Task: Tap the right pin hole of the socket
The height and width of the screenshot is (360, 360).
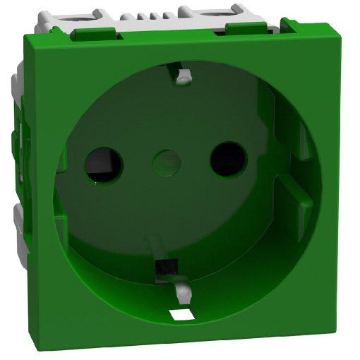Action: point(227,158)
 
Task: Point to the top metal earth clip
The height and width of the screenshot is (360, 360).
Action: point(183,76)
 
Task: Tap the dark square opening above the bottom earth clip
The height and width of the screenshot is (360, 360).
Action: point(165,268)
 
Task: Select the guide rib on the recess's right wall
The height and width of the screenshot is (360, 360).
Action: point(295,191)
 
